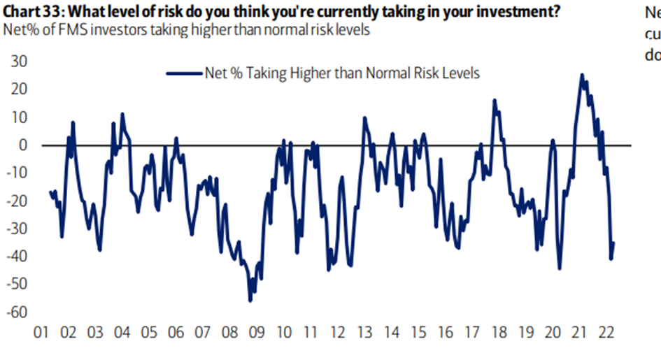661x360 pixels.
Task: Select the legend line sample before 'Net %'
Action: pyautogui.click(x=183, y=73)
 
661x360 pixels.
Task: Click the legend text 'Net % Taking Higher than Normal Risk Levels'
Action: pyautogui.click(x=341, y=73)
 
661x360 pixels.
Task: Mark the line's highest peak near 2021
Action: pyautogui.click(x=582, y=75)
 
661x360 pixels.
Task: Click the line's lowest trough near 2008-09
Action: pyautogui.click(x=250, y=301)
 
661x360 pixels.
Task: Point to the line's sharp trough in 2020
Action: pyautogui.click(x=560, y=268)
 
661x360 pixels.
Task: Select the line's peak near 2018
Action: pyautogui.click(x=494, y=101)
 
